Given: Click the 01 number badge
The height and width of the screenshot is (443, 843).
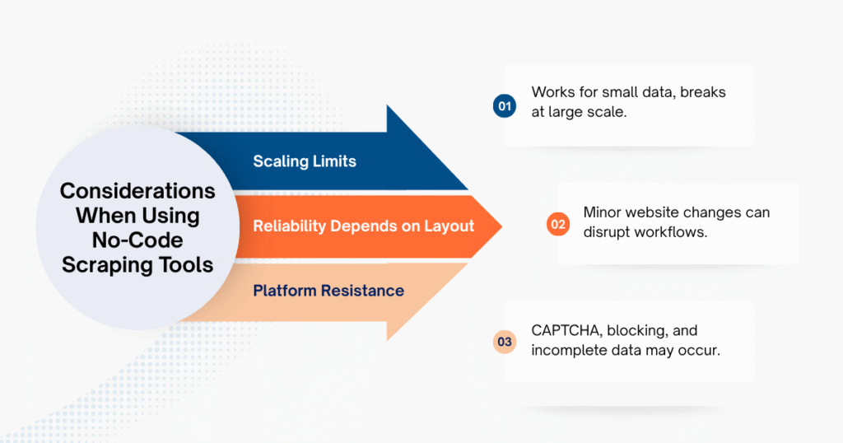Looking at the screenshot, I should [504, 105].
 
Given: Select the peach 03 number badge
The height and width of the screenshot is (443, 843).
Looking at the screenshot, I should [504, 342].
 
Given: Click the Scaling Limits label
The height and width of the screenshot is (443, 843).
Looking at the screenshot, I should [305, 161].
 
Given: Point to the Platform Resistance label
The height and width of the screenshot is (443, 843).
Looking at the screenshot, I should [328, 290].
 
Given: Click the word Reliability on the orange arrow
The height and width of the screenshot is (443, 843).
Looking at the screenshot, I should [288, 226].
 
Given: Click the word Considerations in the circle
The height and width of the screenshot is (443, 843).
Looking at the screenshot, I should [137, 191].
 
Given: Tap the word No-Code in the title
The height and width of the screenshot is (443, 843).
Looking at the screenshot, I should [137, 240].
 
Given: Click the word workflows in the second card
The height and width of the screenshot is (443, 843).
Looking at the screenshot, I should [680, 233].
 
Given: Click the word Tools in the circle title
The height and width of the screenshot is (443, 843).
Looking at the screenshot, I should [190, 265].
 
